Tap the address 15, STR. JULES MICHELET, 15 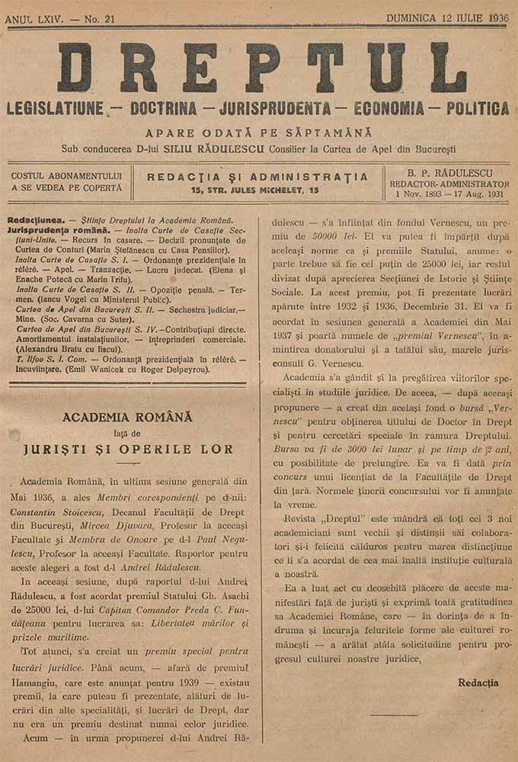coord(256,189)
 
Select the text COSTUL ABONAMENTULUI coord(66,176)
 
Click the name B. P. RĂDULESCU coord(449,173)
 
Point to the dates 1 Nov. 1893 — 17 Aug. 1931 coord(449,194)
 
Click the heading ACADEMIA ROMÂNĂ coord(127,418)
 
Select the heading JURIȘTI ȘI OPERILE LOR coord(127,448)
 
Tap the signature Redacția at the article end coord(478,683)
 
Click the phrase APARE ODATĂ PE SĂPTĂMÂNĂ coord(259,133)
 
